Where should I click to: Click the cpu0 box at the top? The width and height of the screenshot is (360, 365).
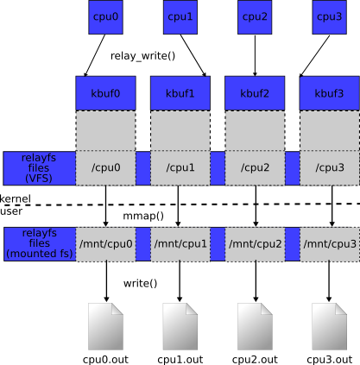(105, 17)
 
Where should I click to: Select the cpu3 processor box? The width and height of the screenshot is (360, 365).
(330, 17)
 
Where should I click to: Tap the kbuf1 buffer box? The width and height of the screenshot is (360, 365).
(180, 93)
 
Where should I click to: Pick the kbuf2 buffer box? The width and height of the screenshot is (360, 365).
(255, 93)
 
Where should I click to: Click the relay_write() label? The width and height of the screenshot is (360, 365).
(142, 56)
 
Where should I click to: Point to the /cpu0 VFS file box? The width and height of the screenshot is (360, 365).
(105, 168)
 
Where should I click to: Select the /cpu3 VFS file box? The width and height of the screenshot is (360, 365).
(330, 168)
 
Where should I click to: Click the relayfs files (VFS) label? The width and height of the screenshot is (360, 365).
(39, 168)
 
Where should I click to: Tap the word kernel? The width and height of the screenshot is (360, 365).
(16, 198)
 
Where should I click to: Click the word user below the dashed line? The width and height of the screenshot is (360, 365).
(11, 211)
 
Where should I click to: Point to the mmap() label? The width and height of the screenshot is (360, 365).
(143, 216)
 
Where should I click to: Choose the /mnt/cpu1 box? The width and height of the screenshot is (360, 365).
(180, 244)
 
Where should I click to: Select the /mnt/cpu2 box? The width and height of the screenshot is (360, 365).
(255, 244)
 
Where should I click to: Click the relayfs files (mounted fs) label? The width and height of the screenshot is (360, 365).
(40, 243)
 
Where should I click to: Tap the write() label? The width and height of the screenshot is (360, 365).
(141, 284)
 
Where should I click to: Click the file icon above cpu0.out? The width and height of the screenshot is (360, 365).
(105, 326)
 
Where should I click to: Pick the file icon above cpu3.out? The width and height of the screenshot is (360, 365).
(329, 326)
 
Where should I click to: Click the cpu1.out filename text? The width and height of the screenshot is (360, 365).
(180, 360)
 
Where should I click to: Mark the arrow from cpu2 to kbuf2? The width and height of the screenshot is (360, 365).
(255, 55)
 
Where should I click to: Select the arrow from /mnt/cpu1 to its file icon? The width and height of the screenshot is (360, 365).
(180, 281)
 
